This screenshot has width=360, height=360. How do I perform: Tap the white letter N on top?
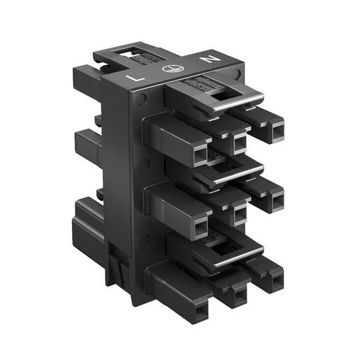[x=208, y=60]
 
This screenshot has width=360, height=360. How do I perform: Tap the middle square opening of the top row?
[x=239, y=143]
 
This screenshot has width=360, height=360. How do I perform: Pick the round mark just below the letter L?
[x=143, y=100]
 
